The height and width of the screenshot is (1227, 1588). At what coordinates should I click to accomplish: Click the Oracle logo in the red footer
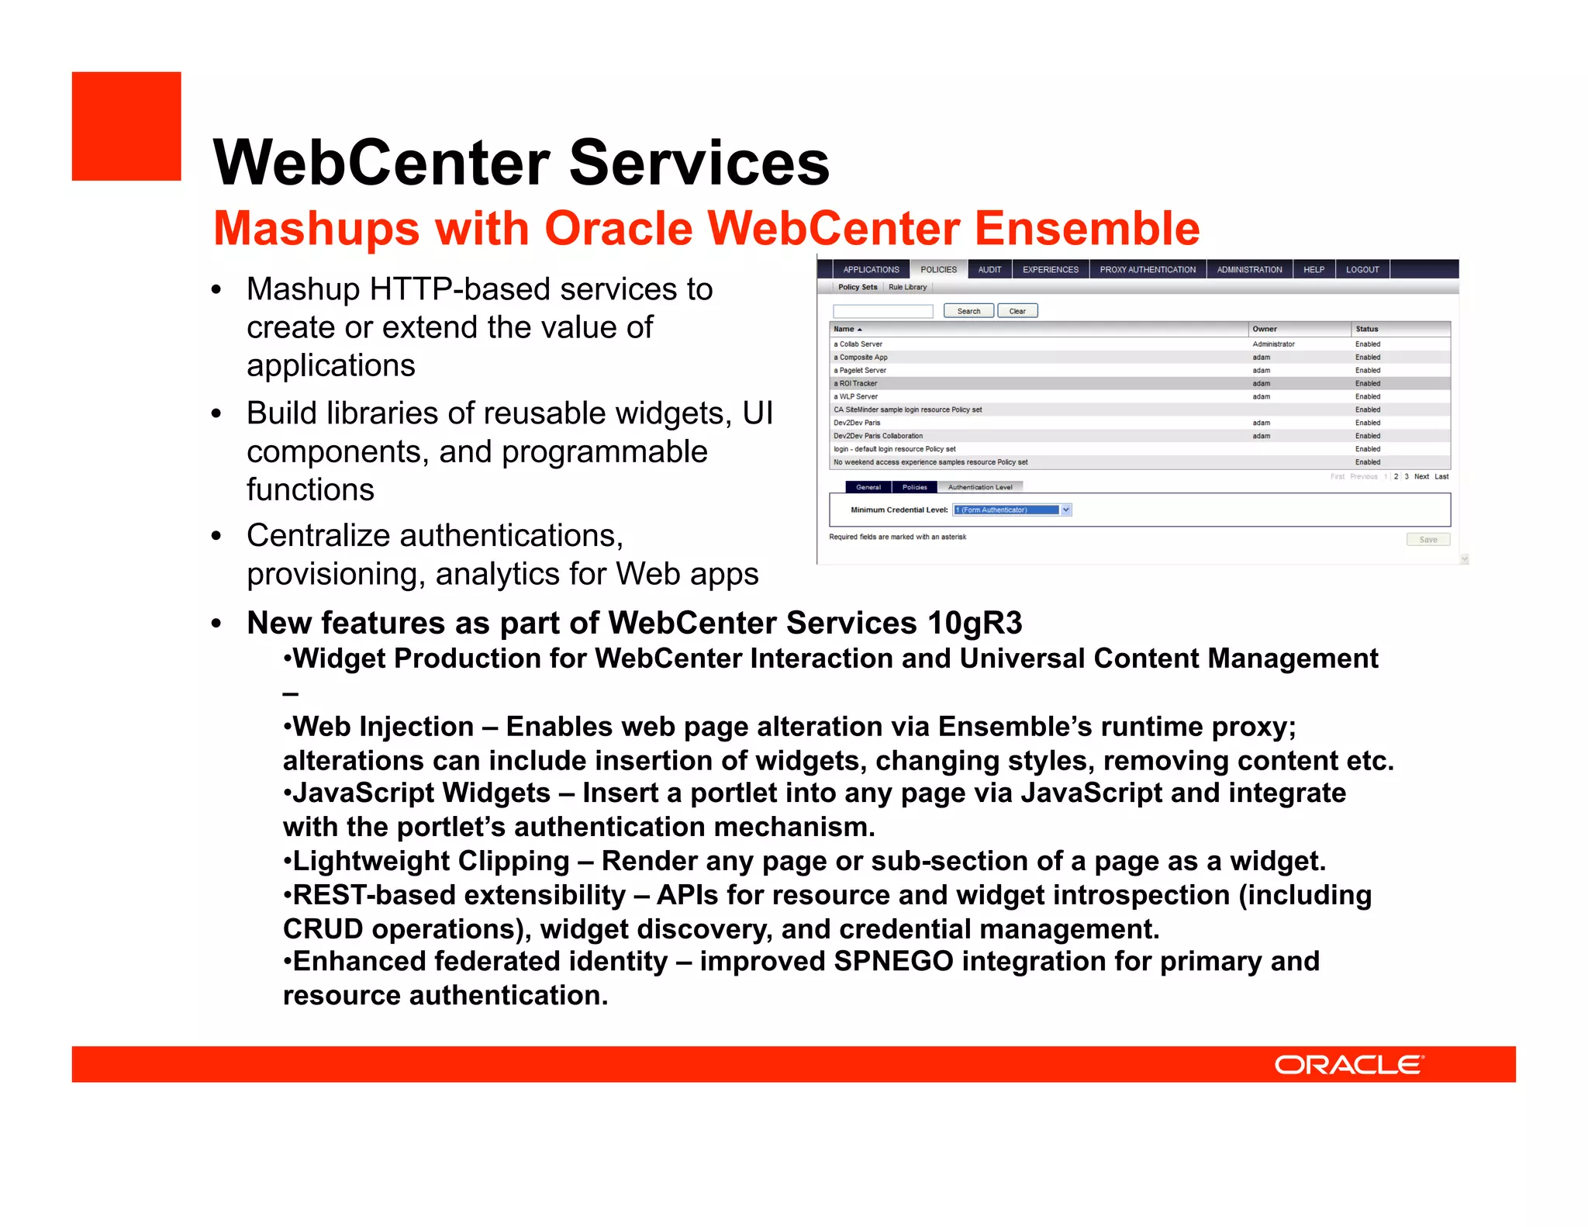(1348, 1064)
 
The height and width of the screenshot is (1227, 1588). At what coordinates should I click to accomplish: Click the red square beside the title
(126, 126)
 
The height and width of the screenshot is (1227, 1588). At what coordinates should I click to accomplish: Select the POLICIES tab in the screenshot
(938, 270)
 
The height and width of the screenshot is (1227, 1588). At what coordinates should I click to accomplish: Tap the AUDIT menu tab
(989, 270)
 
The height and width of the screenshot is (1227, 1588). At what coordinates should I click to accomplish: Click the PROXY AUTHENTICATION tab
(1147, 270)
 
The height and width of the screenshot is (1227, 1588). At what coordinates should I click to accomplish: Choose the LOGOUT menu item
(1362, 270)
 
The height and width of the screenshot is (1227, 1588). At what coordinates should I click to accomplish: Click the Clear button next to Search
(1017, 311)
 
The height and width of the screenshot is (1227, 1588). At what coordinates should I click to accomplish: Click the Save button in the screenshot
(1427, 540)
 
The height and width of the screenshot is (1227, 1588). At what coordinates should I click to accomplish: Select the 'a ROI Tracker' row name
(855, 383)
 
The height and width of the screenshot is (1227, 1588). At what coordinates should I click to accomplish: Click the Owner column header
(1264, 329)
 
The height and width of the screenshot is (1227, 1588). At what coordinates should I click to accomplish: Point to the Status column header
(1366, 329)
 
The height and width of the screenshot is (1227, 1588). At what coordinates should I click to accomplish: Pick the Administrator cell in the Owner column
(1273, 344)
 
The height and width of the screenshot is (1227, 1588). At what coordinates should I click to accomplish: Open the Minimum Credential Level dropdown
(1066, 510)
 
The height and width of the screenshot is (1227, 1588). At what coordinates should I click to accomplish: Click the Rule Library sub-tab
(907, 287)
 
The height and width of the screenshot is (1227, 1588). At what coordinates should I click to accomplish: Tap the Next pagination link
(1421, 476)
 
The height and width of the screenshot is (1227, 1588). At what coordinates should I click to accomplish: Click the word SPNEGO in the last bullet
(893, 961)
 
